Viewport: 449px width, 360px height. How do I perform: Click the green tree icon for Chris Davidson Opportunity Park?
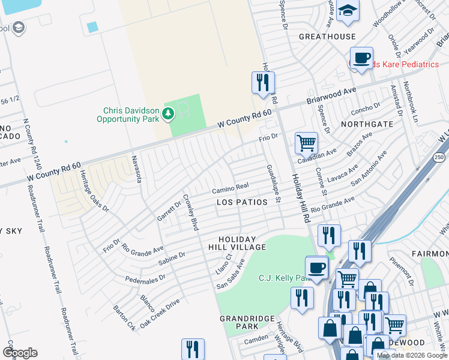169,113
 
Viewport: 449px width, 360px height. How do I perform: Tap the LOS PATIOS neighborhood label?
242,202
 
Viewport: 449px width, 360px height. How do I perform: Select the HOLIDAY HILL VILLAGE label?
237,243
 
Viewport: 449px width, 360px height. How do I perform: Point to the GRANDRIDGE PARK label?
238,322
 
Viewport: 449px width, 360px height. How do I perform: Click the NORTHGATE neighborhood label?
366,124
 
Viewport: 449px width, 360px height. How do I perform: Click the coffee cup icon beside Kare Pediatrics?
361,59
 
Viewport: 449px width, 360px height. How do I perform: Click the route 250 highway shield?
439,157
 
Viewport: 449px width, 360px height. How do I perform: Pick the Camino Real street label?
230,189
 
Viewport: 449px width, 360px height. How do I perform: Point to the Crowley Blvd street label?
190,212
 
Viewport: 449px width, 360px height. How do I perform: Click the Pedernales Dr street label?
145,279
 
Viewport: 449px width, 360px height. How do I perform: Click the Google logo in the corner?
20,352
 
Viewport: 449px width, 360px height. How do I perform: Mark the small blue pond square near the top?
92,27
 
